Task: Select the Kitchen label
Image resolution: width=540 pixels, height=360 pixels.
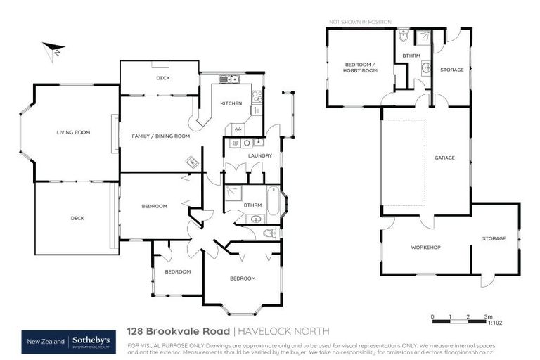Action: pyautogui.click(x=231, y=103)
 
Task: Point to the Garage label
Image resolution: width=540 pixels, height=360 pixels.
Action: pyautogui.click(x=444, y=157)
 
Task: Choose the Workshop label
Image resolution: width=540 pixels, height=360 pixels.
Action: pyautogui.click(x=425, y=247)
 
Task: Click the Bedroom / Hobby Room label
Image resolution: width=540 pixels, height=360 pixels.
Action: pyautogui.click(x=360, y=67)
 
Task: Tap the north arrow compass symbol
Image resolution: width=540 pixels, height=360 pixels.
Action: pyautogui.click(x=53, y=50)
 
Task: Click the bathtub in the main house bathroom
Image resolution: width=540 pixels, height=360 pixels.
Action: pyautogui.click(x=274, y=202)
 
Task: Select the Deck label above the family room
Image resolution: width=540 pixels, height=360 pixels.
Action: pyautogui.click(x=162, y=78)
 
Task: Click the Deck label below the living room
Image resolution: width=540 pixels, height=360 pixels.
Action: pyautogui.click(x=77, y=218)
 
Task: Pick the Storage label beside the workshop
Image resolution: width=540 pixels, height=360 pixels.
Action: pyautogui.click(x=494, y=238)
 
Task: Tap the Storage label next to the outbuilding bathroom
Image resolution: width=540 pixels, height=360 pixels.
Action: pyautogui.click(x=452, y=70)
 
